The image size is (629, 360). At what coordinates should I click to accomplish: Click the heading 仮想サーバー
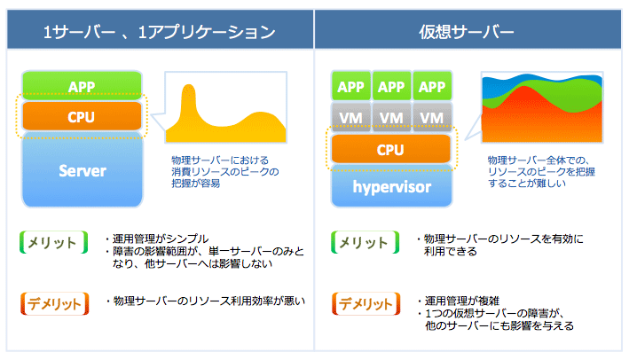click(x=466, y=32)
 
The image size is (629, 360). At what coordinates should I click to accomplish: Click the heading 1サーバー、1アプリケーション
click(x=160, y=32)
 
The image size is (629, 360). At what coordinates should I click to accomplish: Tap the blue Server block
click(x=83, y=170)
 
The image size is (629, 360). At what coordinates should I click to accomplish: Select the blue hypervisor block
click(x=391, y=186)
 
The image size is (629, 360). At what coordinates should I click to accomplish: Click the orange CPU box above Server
click(x=82, y=116)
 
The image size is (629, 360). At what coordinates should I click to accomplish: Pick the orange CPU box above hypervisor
click(x=390, y=149)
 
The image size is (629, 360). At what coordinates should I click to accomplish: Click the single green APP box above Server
click(x=82, y=85)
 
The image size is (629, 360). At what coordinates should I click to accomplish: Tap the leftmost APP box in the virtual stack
click(x=350, y=86)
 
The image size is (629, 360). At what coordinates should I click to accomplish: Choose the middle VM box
click(x=391, y=117)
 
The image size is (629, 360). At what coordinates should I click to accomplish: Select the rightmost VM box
click(x=432, y=117)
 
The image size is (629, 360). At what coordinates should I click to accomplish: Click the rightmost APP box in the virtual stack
click(x=432, y=86)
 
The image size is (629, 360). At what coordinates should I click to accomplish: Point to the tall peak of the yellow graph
click(x=188, y=86)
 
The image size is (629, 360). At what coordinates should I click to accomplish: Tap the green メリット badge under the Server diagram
click(x=54, y=242)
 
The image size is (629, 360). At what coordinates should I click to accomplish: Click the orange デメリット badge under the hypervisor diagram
click(x=366, y=303)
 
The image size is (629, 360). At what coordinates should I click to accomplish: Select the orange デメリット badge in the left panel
click(x=54, y=303)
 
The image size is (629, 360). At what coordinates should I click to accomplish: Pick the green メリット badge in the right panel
click(x=365, y=242)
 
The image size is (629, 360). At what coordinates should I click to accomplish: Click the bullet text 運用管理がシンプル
click(x=161, y=239)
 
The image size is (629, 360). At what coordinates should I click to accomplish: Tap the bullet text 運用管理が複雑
click(x=462, y=301)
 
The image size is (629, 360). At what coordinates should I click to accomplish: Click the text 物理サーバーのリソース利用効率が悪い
click(x=209, y=301)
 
